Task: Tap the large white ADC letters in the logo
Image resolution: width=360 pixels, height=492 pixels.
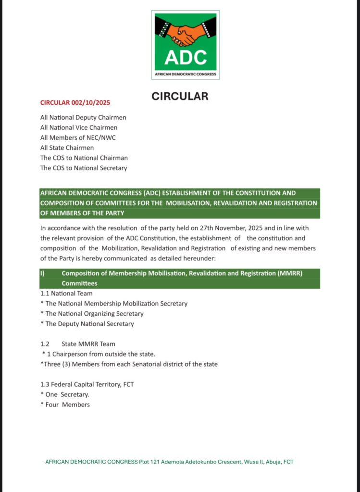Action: click(x=186, y=57)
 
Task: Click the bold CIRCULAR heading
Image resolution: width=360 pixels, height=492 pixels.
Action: click(x=180, y=96)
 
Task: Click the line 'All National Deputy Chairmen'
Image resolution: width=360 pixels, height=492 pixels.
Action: click(x=83, y=117)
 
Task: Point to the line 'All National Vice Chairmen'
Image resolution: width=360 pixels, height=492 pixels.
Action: click(x=79, y=127)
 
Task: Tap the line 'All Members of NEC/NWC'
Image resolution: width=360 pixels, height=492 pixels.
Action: click(x=78, y=137)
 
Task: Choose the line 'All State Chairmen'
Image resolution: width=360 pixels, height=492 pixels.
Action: click(x=67, y=148)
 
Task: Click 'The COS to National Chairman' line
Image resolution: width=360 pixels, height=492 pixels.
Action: click(x=84, y=158)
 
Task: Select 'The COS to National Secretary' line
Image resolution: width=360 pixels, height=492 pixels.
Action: click(x=84, y=168)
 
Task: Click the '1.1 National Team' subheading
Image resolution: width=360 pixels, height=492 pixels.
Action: click(x=66, y=293)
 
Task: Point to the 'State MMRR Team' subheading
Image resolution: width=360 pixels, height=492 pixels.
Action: click(x=88, y=344)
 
